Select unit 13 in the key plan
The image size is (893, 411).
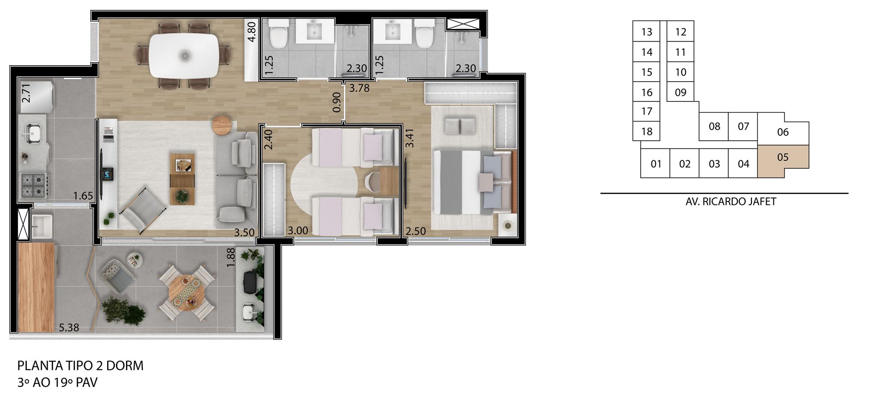647,32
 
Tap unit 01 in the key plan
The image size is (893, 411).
655,164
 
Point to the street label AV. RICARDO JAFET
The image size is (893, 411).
730,201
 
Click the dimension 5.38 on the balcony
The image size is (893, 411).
69,327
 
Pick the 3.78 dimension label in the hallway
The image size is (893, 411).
359,88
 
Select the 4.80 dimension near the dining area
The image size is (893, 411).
251,32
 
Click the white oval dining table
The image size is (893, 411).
184,56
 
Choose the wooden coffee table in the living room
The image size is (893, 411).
182,179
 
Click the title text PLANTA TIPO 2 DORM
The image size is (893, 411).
80,365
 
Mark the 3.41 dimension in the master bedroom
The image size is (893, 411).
409,138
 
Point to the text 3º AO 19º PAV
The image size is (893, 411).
57,382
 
